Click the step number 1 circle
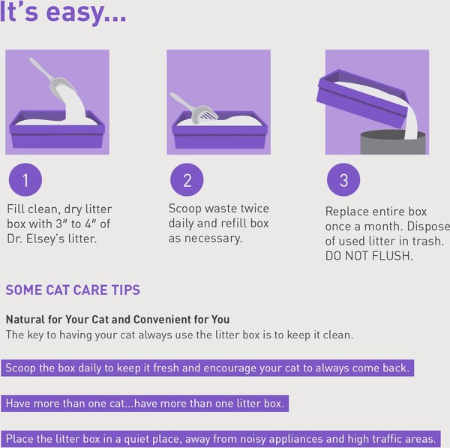(25, 180)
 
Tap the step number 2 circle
(187, 180)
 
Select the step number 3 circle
(343, 180)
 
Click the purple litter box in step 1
(57, 135)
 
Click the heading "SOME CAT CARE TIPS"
(73, 290)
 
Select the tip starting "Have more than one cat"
(145, 403)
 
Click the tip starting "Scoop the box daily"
(207, 368)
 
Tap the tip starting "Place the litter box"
(220, 438)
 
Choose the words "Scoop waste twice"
(218, 209)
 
